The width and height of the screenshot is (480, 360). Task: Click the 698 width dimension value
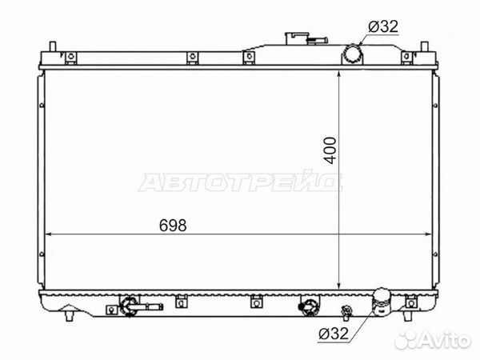point(173,226)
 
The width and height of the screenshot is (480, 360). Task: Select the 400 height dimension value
point(330,150)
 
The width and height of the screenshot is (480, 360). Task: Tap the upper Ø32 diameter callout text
point(383,26)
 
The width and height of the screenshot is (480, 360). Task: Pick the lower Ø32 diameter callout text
point(334,334)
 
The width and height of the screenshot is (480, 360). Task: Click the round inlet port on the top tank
point(352,54)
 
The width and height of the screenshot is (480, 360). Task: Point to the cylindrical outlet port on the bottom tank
point(381,302)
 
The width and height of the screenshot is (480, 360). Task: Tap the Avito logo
point(432,339)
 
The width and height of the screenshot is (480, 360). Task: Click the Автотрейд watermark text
point(240,182)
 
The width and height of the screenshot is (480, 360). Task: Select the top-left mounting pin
point(53,46)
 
